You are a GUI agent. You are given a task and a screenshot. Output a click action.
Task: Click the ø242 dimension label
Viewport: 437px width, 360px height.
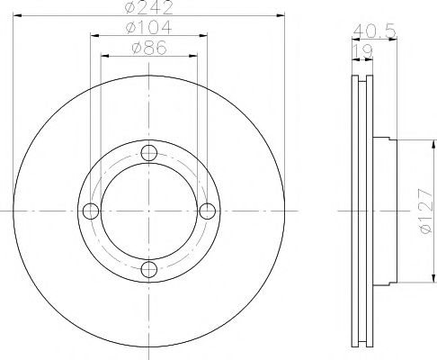point(149,7)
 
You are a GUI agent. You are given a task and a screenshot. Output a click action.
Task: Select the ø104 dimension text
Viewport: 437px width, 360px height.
point(149,27)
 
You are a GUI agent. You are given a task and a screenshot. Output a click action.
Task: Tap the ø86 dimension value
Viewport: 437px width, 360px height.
point(149,48)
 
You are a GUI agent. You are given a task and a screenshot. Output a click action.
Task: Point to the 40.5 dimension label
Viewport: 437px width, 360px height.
point(375,31)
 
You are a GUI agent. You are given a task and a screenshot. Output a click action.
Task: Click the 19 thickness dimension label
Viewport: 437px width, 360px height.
point(362,51)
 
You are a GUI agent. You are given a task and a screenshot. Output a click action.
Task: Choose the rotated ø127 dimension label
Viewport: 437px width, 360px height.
point(426,211)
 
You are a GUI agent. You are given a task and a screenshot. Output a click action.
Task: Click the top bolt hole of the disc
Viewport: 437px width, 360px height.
point(149,153)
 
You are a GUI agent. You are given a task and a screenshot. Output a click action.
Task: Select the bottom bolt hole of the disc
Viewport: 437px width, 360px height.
point(149,269)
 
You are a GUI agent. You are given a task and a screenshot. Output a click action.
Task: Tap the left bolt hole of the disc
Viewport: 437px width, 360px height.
point(91,211)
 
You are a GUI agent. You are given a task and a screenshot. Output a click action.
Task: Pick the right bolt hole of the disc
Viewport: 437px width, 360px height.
point(207,211)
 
